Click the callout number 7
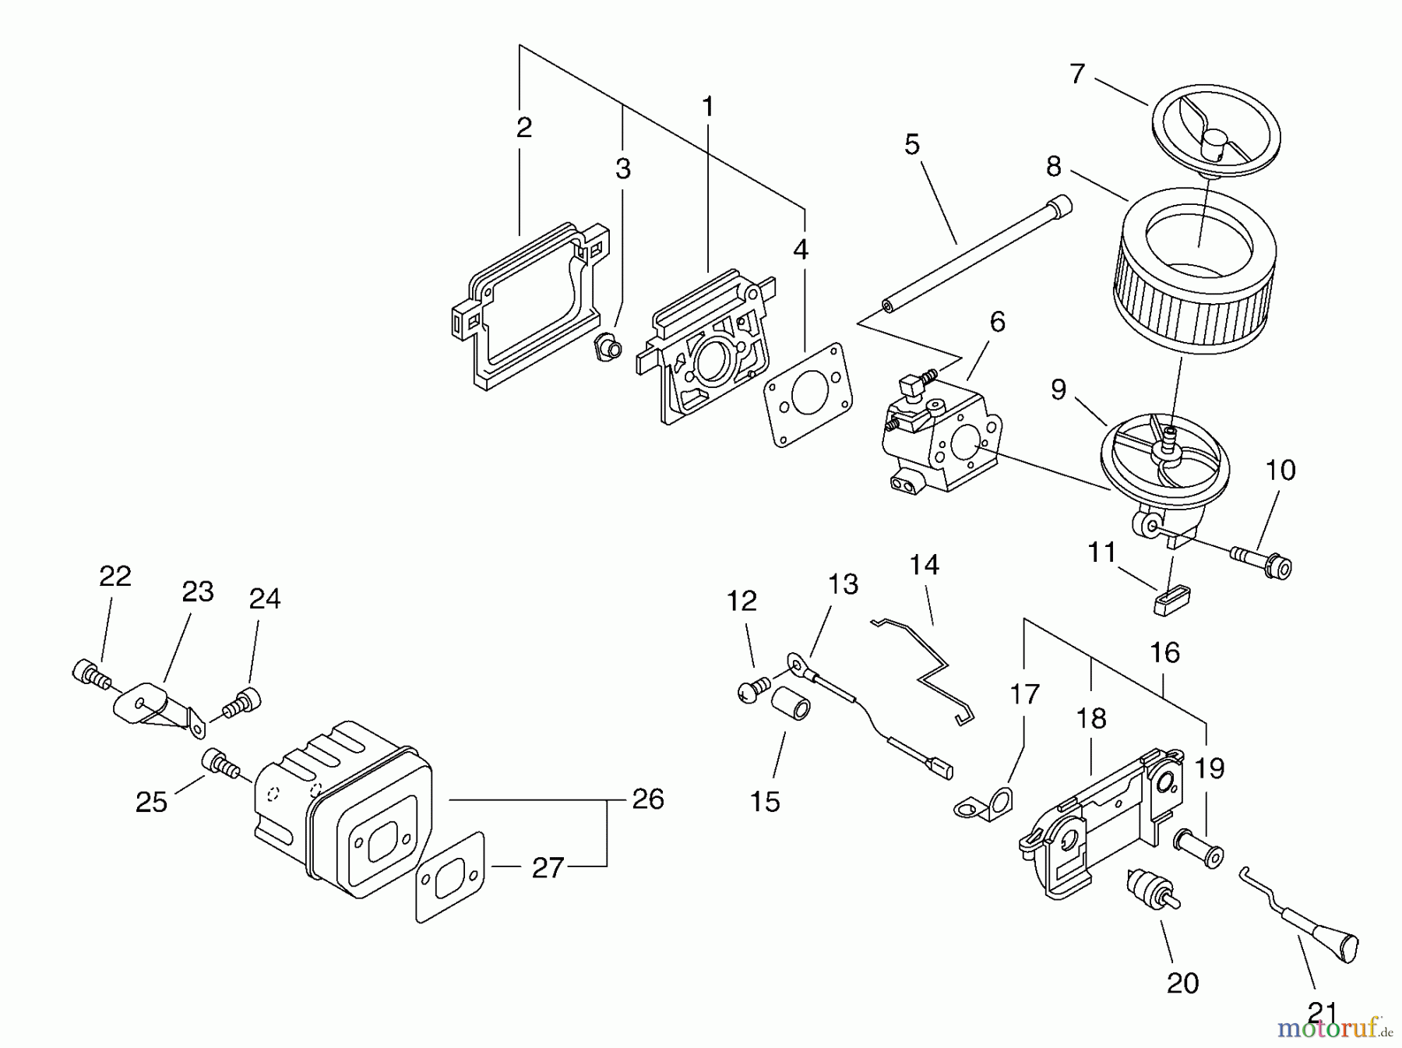coord(1077,74)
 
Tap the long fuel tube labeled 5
coord(978,253)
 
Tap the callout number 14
coord(925,565)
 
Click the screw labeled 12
coord(752,690)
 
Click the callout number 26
coord(648,799)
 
